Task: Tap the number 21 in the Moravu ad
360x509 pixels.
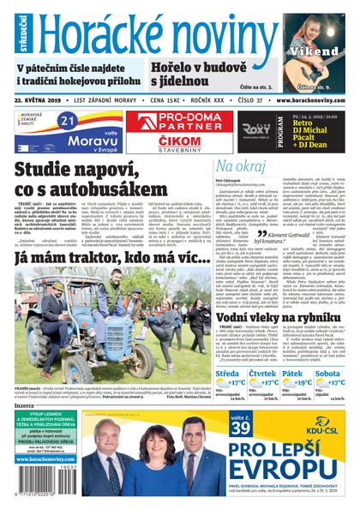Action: tap(68, 122)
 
